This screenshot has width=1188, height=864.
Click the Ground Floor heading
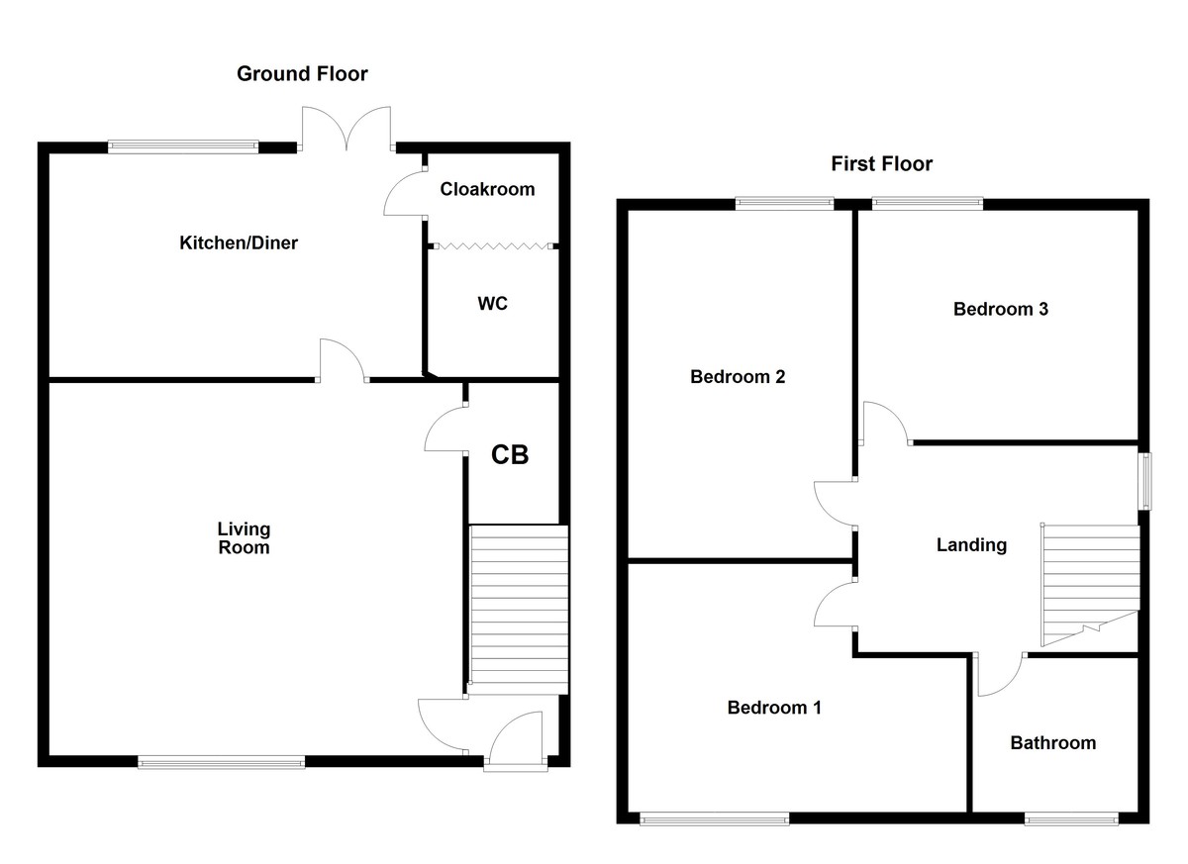pyautogui.click(x=302, y=73)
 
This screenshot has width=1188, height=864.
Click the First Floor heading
pyautogui.click(x=881, y=163)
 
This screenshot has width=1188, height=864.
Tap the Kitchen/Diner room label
pyautogui.click(x=238, y=242)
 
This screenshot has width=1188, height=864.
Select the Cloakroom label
pyautogui.click(x=487, y=189)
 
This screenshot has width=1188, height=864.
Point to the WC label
pyautogui.click(x=492, y=304)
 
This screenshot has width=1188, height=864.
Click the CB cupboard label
pyautogui.click(x=511, y=455)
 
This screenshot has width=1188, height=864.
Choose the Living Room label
pyautogui.click(x=244, y=538)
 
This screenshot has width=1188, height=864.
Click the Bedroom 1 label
pyautogui.click(x=774, y=708)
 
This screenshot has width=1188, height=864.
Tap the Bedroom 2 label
pyautogui.click(x=738, y=377)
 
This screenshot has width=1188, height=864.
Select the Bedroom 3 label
pyautogui.click(x=1000, y=309)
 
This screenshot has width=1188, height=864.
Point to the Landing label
pyautogui.click(x=971, y=544)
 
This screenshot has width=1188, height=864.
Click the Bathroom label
pyautogui.click(x=1052, y=742)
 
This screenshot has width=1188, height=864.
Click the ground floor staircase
pyautogui.click(x=519, y=608)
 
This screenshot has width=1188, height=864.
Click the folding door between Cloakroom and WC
pyautogui.click(x=493, y=245)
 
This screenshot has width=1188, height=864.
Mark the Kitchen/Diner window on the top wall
pyautogui.click(x=183, y=146)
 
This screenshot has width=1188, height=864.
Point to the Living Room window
pyautogui.click(x=222, y=761)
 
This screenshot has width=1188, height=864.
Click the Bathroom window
pyautogui.click(x=1071, y=818)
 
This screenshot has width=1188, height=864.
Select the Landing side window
pyautogui.click(x=1145, y=482)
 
